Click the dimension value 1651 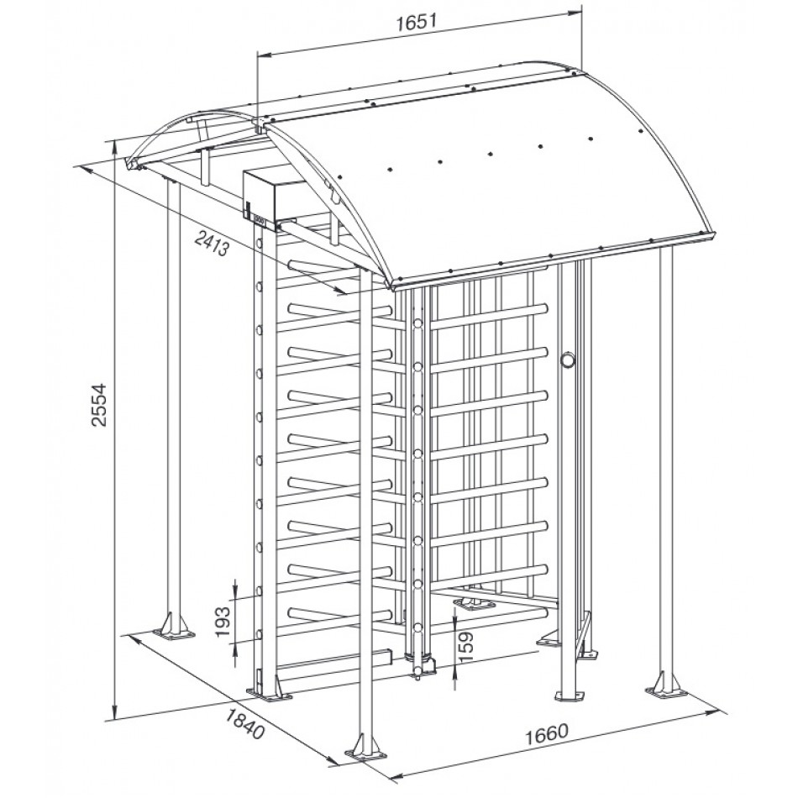(417, 22)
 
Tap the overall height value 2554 (99, 405)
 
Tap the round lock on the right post (567, 360)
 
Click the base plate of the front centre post (365, 752)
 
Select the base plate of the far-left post (174, 633)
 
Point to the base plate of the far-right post (666, 691)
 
